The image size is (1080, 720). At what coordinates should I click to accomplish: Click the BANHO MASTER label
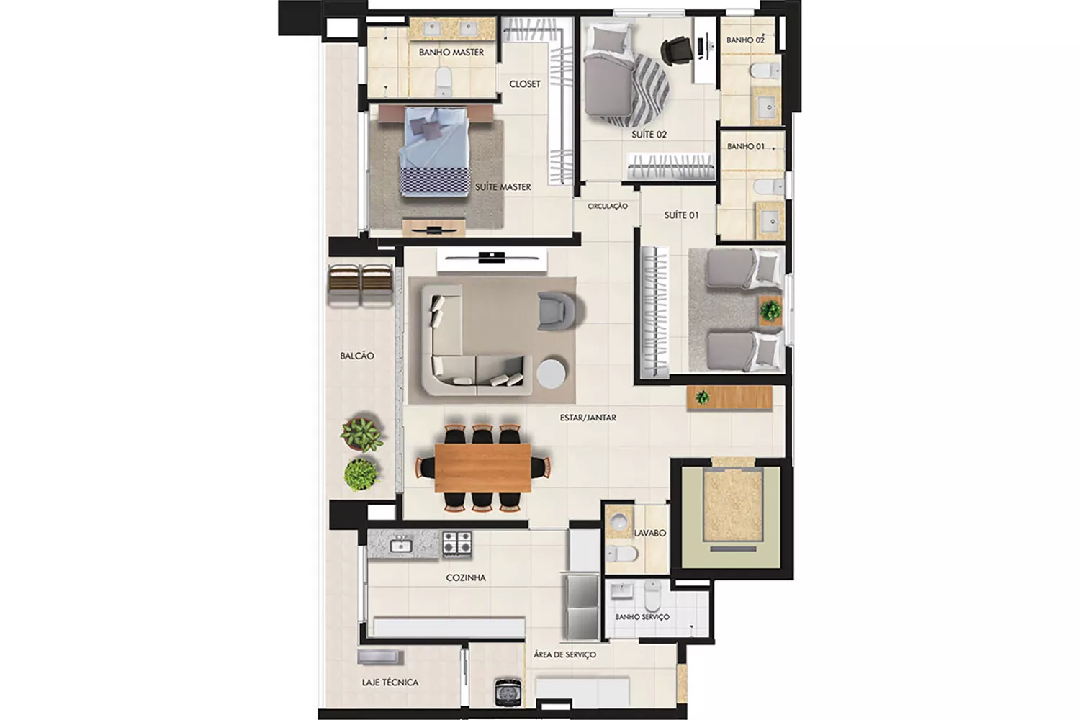(x=451, y=52)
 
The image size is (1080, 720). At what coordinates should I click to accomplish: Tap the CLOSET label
(x=525, y=84)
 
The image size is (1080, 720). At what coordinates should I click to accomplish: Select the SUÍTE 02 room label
(x=649, y=135)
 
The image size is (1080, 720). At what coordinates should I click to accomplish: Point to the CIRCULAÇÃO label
(x=608, y=207)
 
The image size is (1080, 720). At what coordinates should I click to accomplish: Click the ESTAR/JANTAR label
(x=588, y=418)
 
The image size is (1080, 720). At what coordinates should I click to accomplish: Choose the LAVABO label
(x=649, y=533)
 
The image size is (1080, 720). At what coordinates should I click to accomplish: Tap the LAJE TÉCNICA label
(x=390, y=683)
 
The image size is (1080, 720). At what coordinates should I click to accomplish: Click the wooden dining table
(x=482, y=468)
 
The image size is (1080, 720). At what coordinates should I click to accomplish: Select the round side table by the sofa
(x=551, y=373)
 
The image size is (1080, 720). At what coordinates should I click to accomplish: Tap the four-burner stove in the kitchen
(x=457, y=543)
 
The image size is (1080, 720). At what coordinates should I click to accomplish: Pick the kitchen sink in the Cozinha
(x=400, y=546)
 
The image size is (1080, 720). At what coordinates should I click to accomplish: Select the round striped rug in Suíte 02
(x=640, y=90)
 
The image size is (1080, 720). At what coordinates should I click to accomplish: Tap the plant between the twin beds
(x=770, y=310)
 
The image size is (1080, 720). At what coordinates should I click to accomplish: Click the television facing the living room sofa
(x=492, y=258)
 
